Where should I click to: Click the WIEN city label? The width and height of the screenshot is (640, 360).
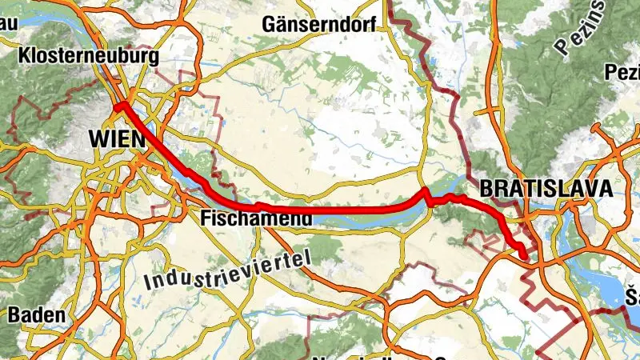pyautogui.click(x=117, y=138)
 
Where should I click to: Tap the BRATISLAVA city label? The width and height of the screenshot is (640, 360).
pyautogui.click(x=546, y=189)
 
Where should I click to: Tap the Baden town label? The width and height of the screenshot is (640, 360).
pyautogui.click(x=37, y=314)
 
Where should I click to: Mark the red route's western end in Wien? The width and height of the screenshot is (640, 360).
pyautogui.click(x=117, y=105)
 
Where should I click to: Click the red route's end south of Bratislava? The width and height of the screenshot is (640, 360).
pyautogui.click(x=524, y=256)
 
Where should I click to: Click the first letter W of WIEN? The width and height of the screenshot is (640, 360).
pyautogui.click(x=96, y=138)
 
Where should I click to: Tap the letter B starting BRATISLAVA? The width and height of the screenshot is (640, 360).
pyautogui.click(x=486, y=189)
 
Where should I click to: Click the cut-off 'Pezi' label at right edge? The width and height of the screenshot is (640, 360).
pyautogui.click(x=624, y=74)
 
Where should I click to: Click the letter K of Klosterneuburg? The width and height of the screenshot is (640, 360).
pyautogui.click(x=22, y=57)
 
